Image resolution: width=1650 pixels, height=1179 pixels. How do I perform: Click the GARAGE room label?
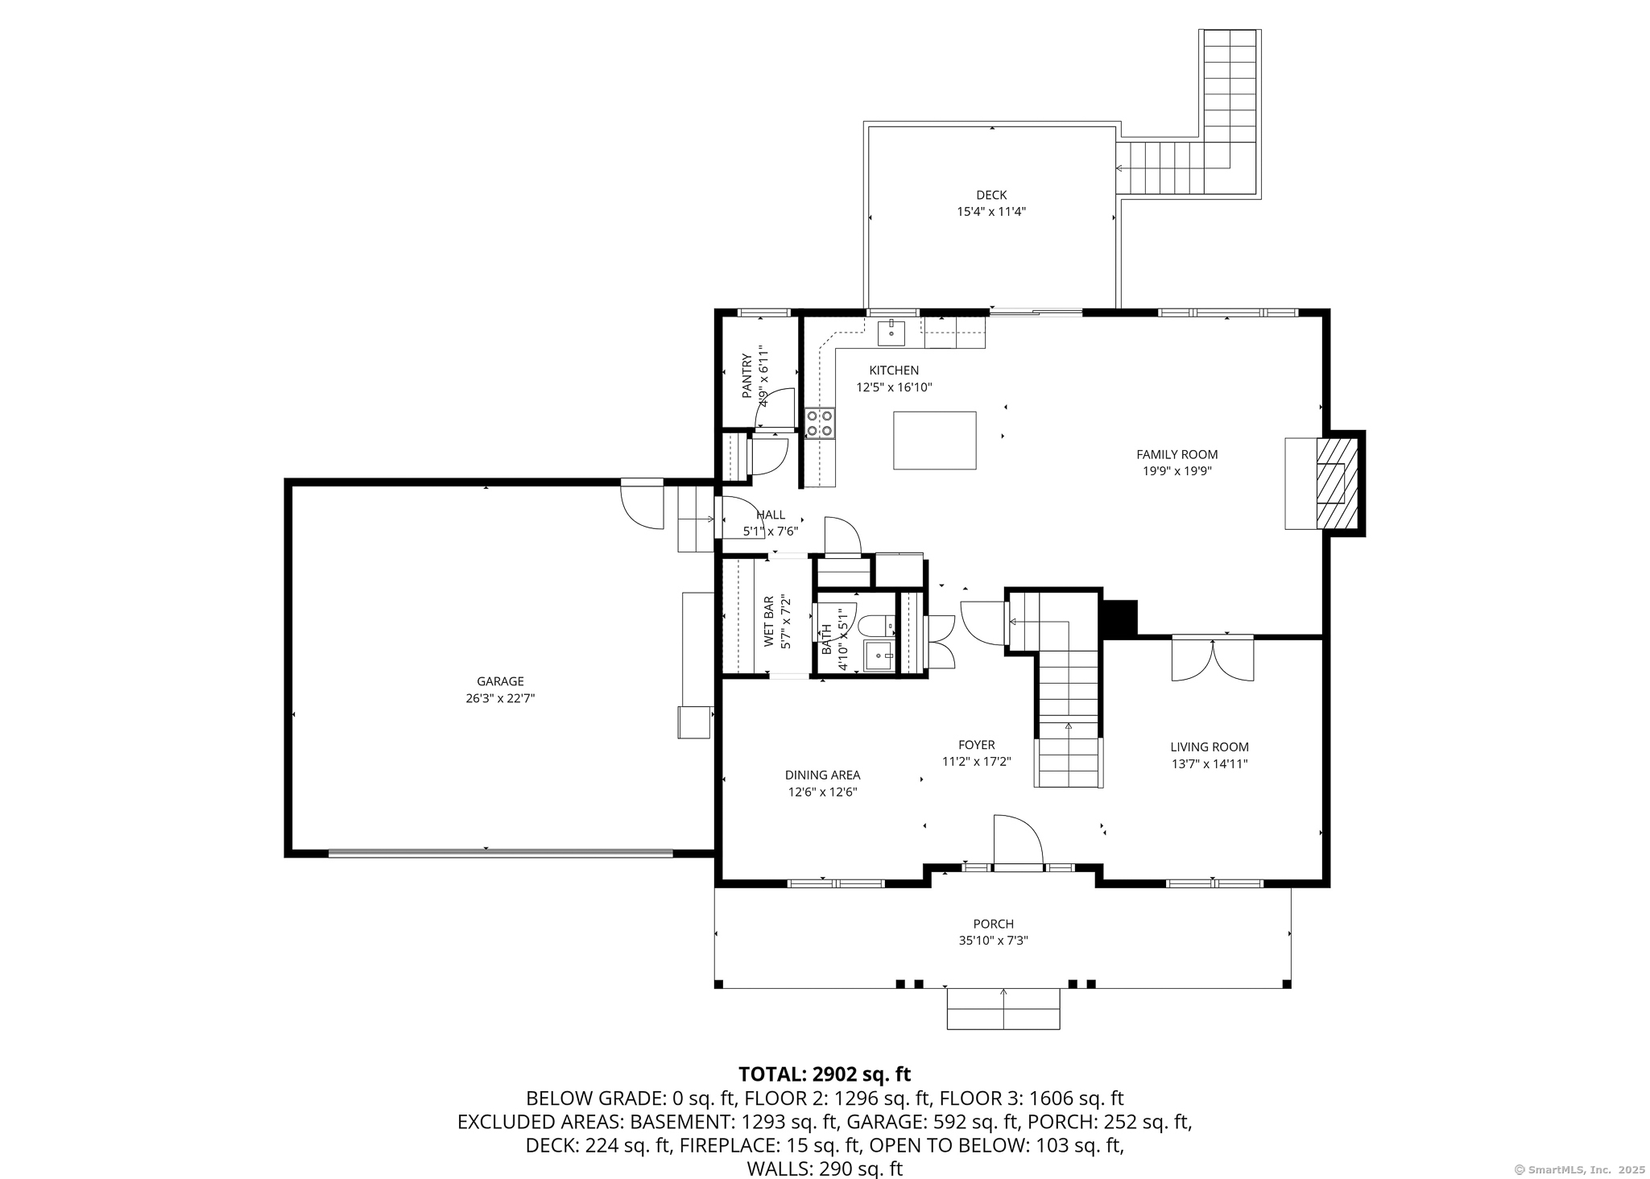point(500,681)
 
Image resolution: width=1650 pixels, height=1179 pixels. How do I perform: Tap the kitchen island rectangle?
point(934,440)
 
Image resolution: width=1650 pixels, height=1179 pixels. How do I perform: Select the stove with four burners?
point(820,423)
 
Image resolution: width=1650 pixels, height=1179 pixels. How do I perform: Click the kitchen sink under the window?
point(891,332)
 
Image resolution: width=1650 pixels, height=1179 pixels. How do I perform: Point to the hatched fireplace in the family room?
point(1337,483)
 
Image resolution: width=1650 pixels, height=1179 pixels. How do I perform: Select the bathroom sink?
point(879,656)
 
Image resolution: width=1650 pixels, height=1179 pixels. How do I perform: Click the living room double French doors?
point(1212,659)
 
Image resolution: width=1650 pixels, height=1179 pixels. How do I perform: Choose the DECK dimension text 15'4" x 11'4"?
point(991,212)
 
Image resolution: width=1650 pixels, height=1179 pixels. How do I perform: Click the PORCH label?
point(993,924)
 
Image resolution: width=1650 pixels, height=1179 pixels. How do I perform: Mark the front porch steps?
point(1003,1008)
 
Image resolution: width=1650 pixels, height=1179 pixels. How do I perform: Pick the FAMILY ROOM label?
point(1177,454)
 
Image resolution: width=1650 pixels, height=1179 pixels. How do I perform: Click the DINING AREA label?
point(822,775)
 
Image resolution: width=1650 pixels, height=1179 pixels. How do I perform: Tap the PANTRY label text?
point(746,376)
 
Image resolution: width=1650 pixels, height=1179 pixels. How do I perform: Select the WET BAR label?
point(768,622)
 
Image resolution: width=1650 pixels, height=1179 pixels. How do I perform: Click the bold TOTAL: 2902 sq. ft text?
point(824,1074)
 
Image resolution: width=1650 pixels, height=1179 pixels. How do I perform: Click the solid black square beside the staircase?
point(1118,618)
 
